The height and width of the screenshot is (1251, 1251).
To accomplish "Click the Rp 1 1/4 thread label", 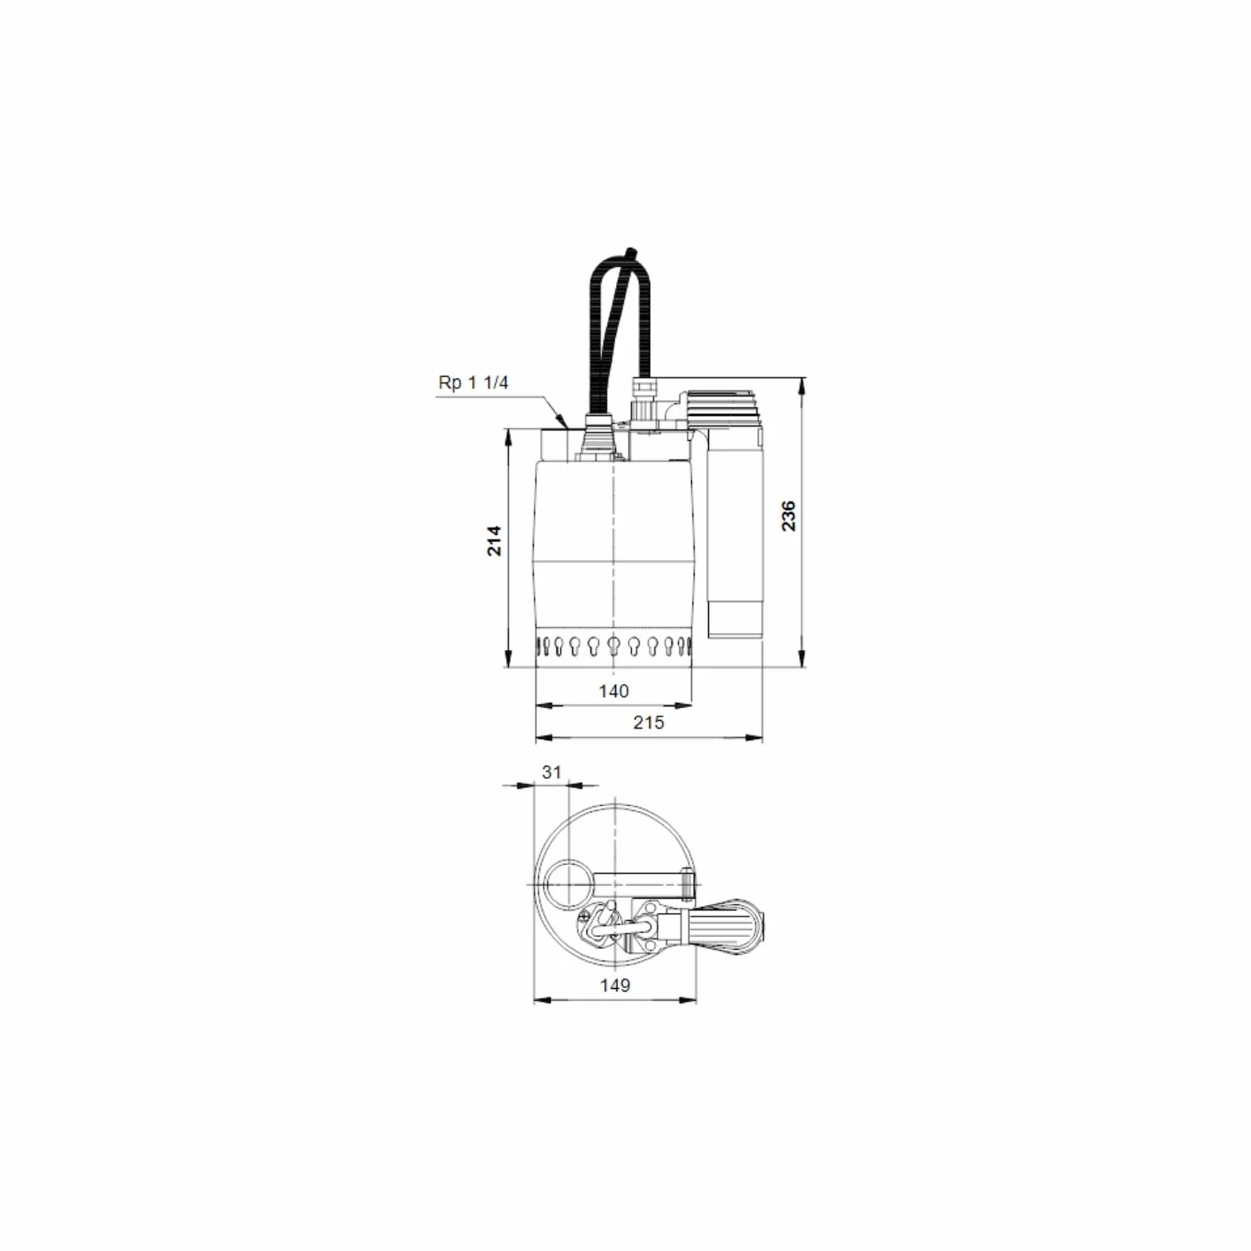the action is pos(473,382).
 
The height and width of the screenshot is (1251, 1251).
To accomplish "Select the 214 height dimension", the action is pos(494,540).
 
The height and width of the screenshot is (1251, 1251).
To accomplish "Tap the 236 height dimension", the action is pos(788,516).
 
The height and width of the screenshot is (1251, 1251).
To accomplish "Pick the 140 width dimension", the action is pos(614,691).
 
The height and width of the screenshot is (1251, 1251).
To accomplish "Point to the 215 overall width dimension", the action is pos(648,723).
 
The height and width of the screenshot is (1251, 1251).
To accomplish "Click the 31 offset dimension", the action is pos(551,772).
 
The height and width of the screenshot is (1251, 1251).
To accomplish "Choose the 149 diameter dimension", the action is pos(614,985).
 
